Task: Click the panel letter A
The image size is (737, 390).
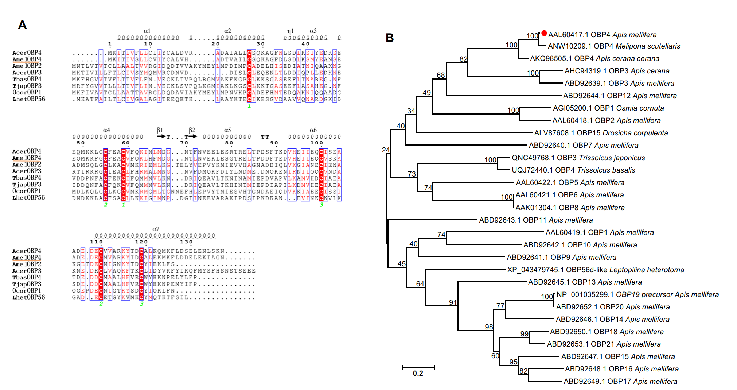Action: point(22,25)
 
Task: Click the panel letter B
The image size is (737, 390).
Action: point(390,38)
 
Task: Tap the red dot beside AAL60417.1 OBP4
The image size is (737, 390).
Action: point(544,33)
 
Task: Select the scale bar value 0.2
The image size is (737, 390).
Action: point(418,374)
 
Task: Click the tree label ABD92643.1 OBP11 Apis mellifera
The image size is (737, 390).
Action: point(536,220)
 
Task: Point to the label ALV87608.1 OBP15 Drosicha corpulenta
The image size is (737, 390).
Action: point(601,133)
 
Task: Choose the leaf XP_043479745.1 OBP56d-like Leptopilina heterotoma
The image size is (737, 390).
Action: point(596,270)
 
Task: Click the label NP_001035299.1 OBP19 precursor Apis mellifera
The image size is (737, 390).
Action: point(637,294)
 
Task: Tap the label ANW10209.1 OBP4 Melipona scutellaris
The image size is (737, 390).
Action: point(614,46)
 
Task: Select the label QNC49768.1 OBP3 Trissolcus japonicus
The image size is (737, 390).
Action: point(578,158)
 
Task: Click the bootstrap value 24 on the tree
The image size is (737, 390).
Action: point(386,150)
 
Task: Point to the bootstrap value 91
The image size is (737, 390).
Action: point(453,302)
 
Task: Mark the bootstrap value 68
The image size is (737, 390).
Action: point(441,75)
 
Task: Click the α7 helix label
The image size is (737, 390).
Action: point(156,229)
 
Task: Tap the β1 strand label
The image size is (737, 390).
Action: point(160,130)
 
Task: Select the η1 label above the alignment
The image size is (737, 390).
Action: point(290,31)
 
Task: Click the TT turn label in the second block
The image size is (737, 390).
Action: point(265,137)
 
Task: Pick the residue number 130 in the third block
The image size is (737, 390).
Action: point(186,242)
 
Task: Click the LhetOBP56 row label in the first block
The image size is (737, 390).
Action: point(29,99)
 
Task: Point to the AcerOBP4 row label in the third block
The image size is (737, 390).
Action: point(27,251)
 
